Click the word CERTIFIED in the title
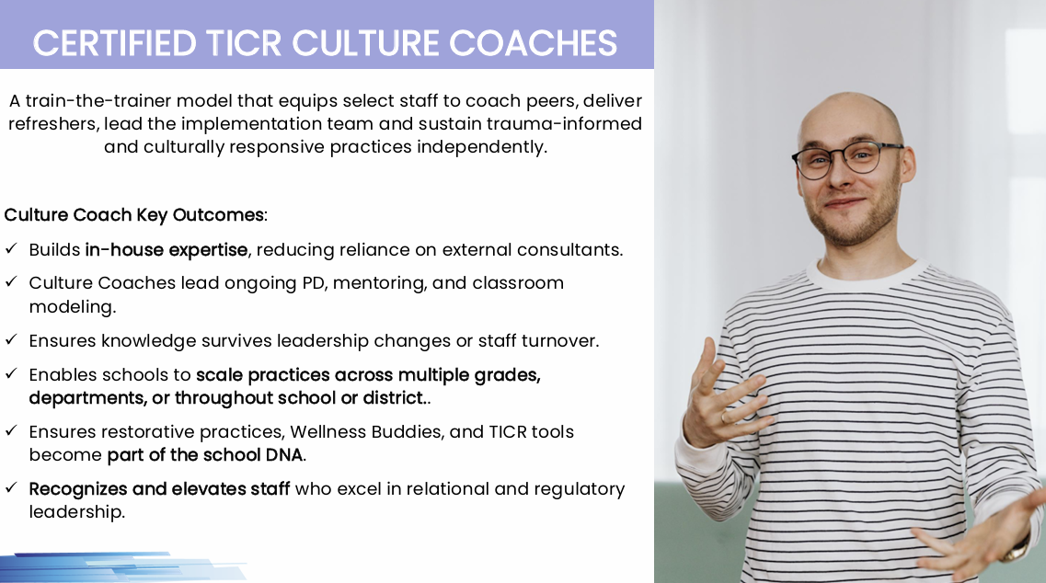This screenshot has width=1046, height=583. coord(115,43)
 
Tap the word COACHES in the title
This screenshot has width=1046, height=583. coord(533,43)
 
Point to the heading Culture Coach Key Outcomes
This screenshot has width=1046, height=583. coord(134,215)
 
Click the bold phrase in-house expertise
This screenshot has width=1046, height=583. coord(167,250)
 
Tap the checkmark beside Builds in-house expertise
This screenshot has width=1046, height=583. coord(11,249)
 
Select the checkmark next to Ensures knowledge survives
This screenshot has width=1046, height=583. coord(11,339)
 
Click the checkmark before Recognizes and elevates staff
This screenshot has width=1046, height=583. coord(11,487)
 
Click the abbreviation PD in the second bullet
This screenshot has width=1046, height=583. coord(314,283)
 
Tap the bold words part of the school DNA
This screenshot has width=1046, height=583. coord(205,455)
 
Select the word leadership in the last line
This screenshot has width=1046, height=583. coord(76,512)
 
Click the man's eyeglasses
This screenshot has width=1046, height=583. coord(848,159)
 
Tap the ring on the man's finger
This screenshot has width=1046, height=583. coord(724,417)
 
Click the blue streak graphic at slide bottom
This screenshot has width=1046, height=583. coord(123,566)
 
